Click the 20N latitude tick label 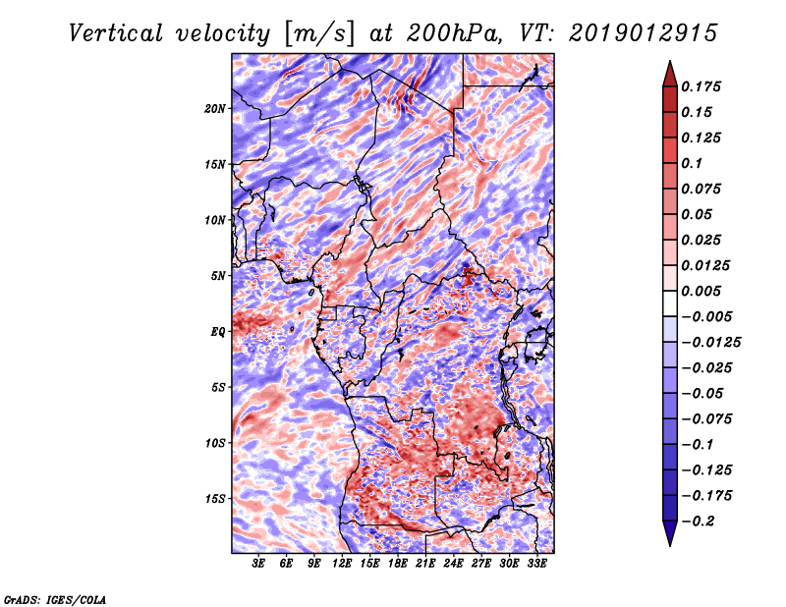[215, 108]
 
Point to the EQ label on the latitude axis [218, 332]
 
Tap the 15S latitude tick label [215, 499]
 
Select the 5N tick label [218, 276]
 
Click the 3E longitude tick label [258, 564]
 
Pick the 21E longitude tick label [425, 564]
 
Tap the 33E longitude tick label [536, 564]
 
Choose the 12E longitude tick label [342, 564]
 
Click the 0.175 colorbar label [701, 86]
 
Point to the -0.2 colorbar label [698, 522]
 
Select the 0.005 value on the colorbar [701, 291]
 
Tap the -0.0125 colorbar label [710, 343]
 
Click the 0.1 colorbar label [692, 163]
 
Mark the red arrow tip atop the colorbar [670, 61]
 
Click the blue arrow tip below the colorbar [670, 545]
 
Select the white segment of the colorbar [670, 303]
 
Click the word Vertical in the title [116, 33]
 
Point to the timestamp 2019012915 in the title [644, 33]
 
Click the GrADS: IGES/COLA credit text [55, 599]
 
